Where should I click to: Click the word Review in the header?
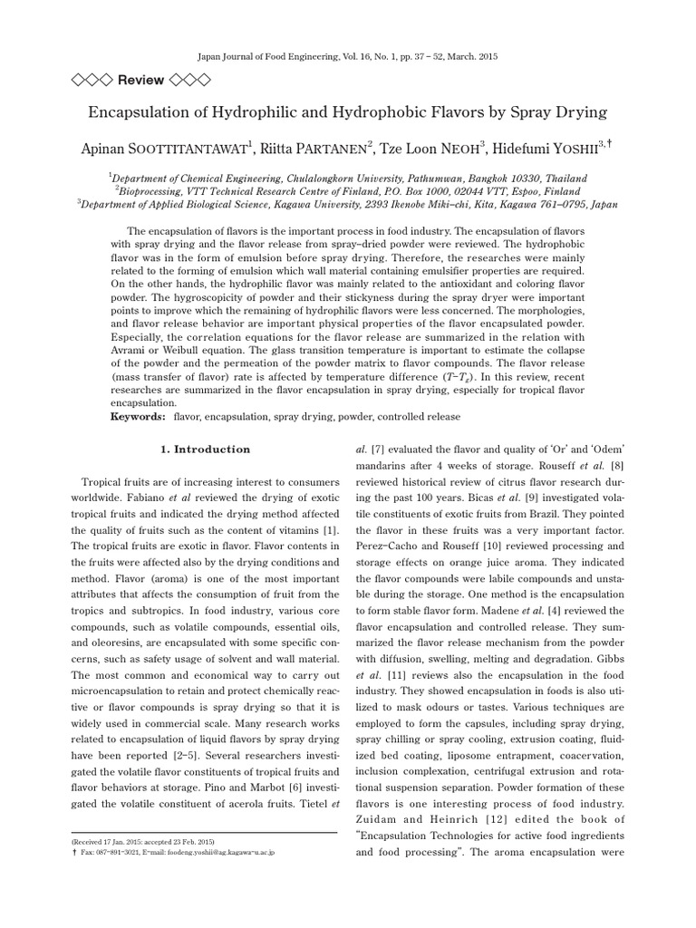[x=140, y=80]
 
